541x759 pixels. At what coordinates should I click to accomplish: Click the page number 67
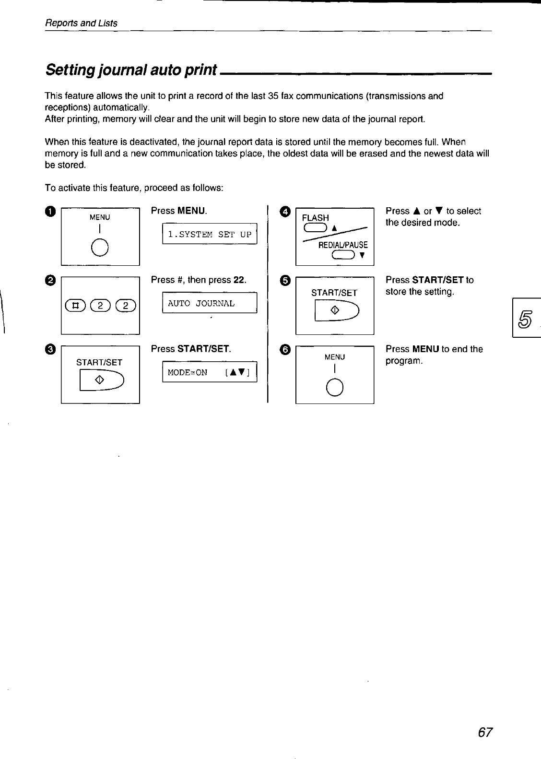(x=485, y=732)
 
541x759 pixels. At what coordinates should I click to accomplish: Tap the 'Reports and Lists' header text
(x=81, y=23)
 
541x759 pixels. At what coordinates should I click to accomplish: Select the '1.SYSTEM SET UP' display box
(x=210, y=235)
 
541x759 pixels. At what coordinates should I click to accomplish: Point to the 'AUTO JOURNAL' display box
(x=210, y=303)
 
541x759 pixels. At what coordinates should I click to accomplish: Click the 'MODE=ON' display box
(x=210, y=372)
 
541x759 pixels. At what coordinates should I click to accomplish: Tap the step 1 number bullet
(x=51, y=212)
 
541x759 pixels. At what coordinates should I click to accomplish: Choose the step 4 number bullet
(x=286, y=212)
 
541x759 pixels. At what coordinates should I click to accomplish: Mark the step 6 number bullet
(x=286, y=350)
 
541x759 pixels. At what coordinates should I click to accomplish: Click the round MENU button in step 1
(x=100, y=248)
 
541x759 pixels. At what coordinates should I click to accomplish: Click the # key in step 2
(x=75, y=304)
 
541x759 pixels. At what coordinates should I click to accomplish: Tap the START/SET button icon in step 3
(x=102, y=380)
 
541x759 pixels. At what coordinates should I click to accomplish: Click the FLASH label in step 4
(x=315, y=218)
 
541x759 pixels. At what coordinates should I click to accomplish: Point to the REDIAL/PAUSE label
(x=343, y=245)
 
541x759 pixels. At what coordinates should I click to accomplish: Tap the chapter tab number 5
(x=526, y=317)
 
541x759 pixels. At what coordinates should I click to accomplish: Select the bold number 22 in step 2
(x=239, y=280)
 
